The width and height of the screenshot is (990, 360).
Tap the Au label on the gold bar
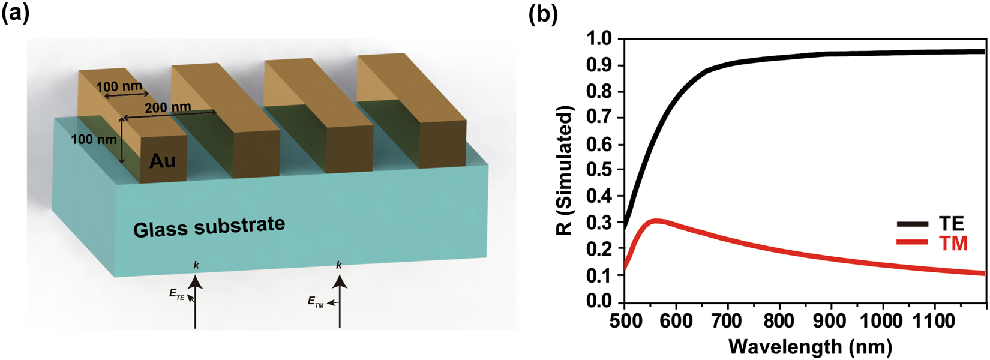pyautogui.click(x=163, y=160)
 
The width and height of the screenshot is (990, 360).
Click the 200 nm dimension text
pyautogui.click(x=168, y=107)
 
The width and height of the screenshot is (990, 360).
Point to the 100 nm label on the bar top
pyautogui.click(x=119, y=86)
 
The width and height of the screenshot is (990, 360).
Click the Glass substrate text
pyautogui.click(x=209, y=227)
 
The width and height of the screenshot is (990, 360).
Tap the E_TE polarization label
pyautogui.click(x=177, y=294)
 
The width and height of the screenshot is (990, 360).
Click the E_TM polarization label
pyautogui.click(x=316, y=302)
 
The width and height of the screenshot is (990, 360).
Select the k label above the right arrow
pyautogui.click(x=340, y=265)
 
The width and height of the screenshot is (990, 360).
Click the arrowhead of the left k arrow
pyautogui.click(x=196, y=281)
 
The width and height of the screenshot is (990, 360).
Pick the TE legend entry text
pyautogui.click(x=951, y=224)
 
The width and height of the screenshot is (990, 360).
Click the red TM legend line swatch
pyautogui.click(x=913, y=242)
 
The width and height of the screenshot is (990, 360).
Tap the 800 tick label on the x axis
pyautogui.click(x=779, y=320)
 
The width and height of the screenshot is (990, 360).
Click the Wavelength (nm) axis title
pyautogui.click(x=810, y=346)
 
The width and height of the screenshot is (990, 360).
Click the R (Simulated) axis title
pyautogui.click(x=565, y=170)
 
